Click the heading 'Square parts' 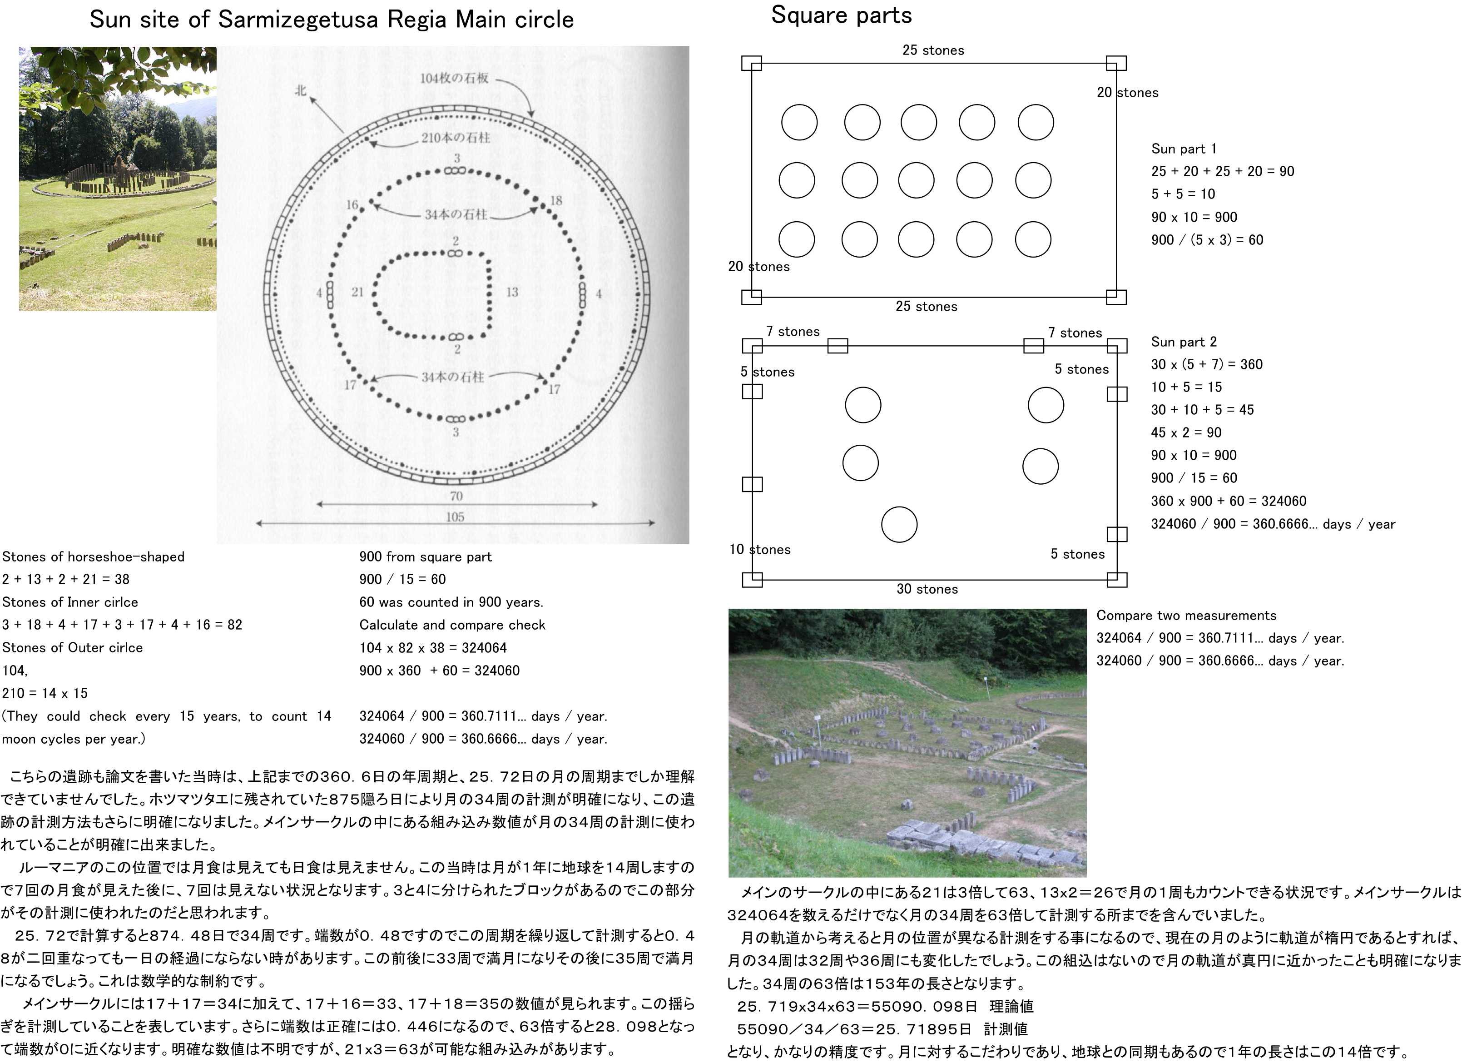pyautogui.click(x=841, y=15)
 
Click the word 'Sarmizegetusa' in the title pyautogui.click(x=298, y=20)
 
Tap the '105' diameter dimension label pyautogui.click(x=455, y=517)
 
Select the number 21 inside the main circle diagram pyautogui.click(x=357, y=292)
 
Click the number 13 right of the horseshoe pyautogui.click(x=512, y=292)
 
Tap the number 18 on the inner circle pyautogui.click(x=555, y=200)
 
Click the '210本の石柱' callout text pyautogui.click(x=456, y=137)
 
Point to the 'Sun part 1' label pyautogui.click(x=1184, y=149)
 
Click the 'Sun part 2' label pyautogui.click(x=1184, y=342)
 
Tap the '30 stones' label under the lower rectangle pyautogui.click(x=927, y=589)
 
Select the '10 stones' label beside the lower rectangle pyautogui.click(x=759, y=549)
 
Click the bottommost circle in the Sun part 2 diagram pyautogui.click(x=899, y=524)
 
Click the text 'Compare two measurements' pyautogui.click(x=1186, y=616)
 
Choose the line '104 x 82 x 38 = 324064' pyautogui.click(x=432, y=648)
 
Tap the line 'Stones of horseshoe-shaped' pyautogui.click(x=94, y=557)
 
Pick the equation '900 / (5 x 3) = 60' pyautogui.click(x=1207, y=240)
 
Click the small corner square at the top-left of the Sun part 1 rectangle pyautogui.click(x=752, y=63)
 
